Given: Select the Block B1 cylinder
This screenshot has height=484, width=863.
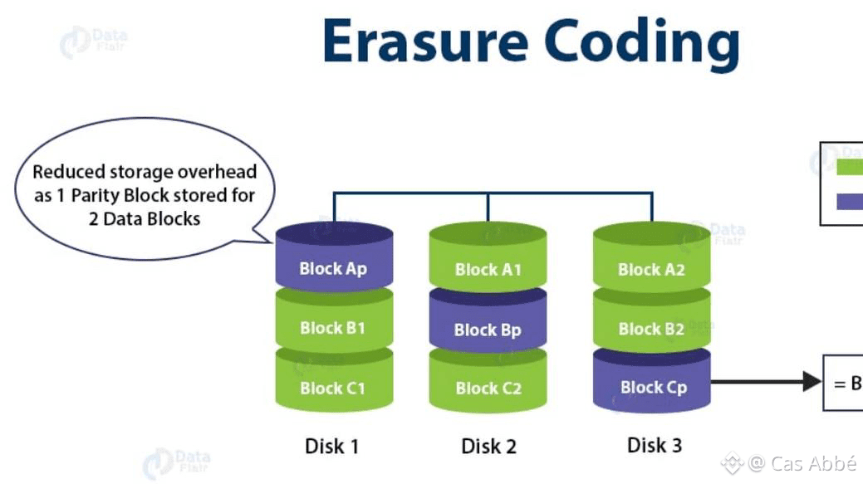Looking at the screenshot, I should (x=333, y=327).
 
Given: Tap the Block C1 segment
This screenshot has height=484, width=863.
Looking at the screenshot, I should (x=333, y=387).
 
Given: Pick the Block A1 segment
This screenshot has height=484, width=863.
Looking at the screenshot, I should (x=488, y=269).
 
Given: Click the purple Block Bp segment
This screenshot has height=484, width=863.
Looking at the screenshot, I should (x=488, y=329).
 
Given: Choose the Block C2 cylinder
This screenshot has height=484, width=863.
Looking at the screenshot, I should (x=488, y=387).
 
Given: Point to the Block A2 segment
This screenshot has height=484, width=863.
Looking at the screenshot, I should (x=652, y=269).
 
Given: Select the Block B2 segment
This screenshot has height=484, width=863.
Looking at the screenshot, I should (x=652, y=329).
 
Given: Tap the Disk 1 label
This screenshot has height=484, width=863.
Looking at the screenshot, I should (x=332, y=446).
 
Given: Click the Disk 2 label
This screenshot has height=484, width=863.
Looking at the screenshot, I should (x=488, y=446).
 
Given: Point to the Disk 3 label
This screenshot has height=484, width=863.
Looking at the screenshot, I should (x=655, y=445).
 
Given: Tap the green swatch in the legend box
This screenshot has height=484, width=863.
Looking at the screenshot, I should (x=849, y=167).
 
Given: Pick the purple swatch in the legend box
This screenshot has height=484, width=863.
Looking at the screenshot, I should (x=849, y=200).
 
